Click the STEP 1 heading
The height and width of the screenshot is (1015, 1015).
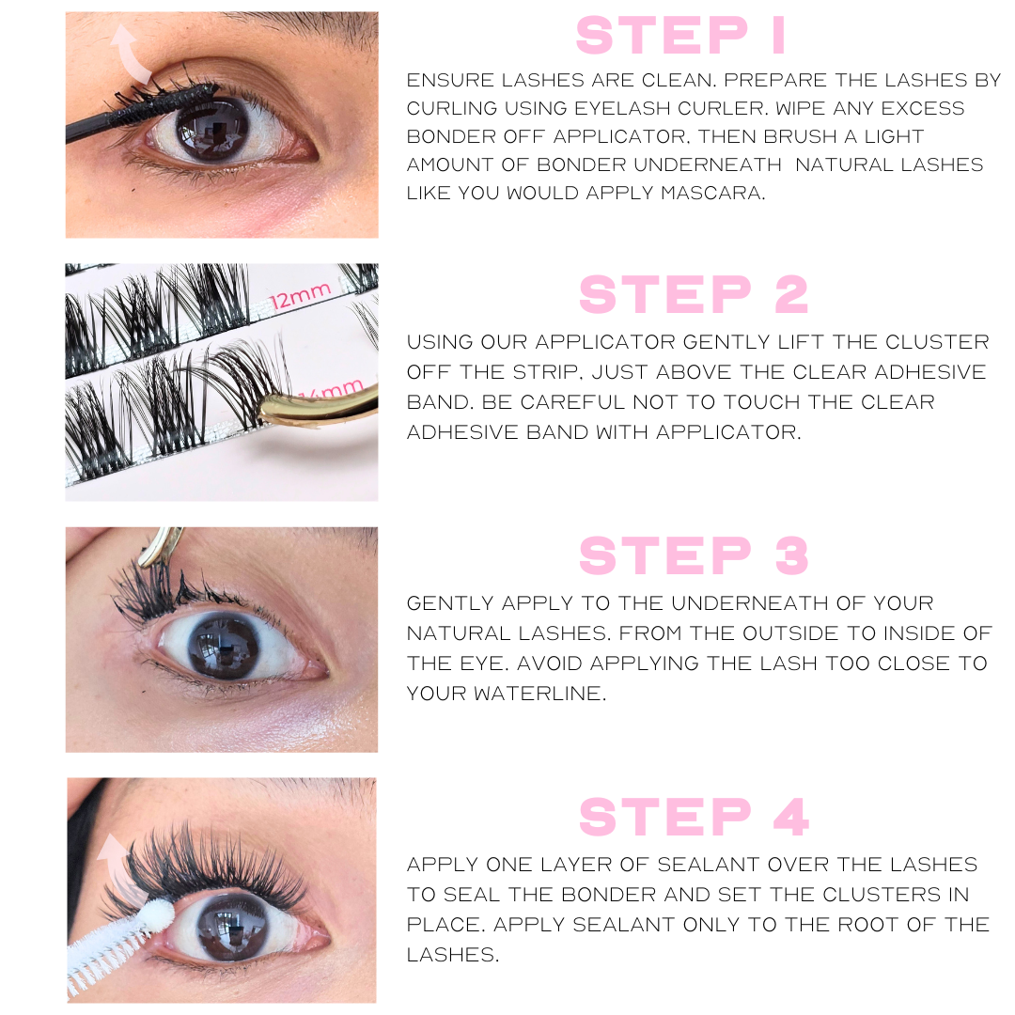coord(680,36)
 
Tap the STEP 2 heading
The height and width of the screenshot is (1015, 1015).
coord(694,295)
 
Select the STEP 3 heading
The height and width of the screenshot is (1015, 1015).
coord(694,555)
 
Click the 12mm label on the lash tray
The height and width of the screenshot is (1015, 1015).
coord(300,296)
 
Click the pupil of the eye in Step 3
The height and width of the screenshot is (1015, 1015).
coord(223,647)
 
